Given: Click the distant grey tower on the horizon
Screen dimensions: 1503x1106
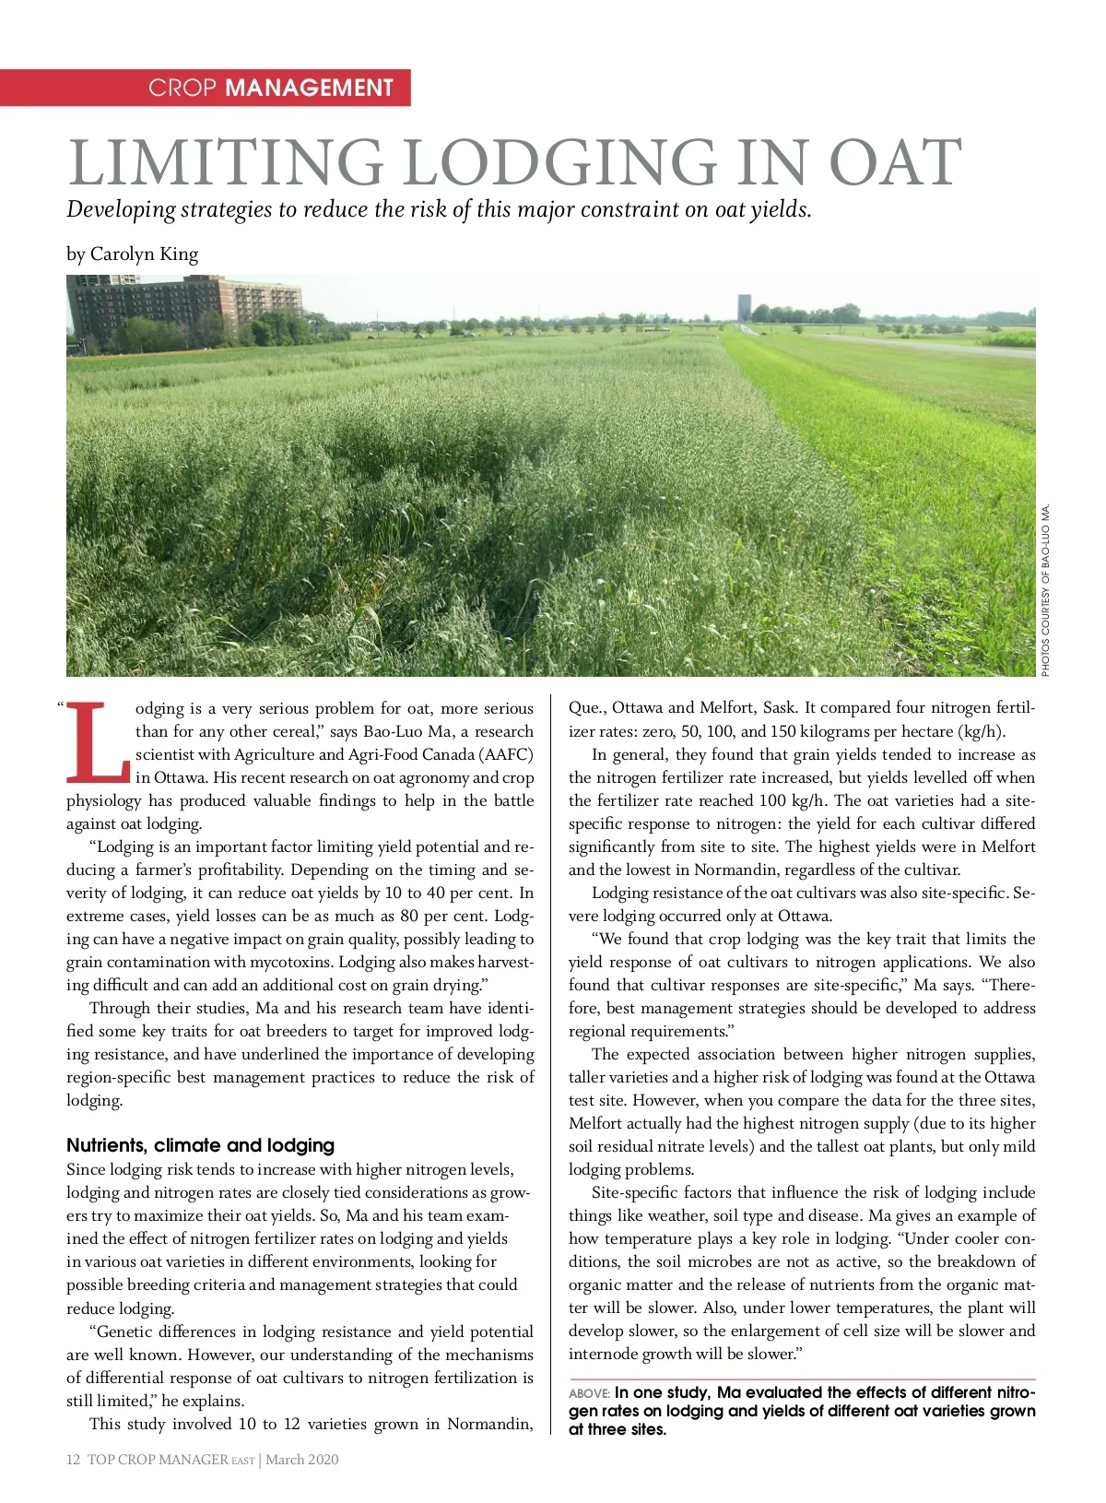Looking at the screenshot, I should [744, 308].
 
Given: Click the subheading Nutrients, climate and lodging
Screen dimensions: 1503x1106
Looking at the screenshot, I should [200, 1145].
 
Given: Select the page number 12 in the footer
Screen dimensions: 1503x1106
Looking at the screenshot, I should [74, 1459].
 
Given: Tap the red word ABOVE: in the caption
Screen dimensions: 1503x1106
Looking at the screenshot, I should [589, 1393].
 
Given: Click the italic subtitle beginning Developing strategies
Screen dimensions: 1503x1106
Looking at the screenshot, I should [439, 209].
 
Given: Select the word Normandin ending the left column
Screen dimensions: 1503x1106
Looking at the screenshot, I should [489, 1424].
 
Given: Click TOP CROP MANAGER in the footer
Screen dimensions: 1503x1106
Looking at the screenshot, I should [158, 1459].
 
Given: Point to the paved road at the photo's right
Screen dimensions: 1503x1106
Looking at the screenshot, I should [931, 345].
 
